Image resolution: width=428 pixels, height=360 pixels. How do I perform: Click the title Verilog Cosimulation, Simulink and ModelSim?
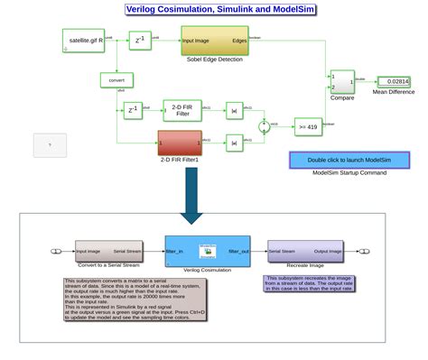click(x=214, y=9)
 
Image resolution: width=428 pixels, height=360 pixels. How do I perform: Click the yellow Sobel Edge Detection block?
click(x=215, y=41)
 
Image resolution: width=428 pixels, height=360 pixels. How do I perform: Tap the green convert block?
click(x=116, y=79)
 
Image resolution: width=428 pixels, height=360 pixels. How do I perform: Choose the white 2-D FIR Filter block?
click(x=181, y=109)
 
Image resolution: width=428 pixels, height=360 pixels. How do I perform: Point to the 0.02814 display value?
click(x=392, y=81)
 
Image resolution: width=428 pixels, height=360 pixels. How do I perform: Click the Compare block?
click(x=342, y=82)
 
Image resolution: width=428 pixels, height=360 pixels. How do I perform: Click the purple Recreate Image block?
click(x=304, y=251)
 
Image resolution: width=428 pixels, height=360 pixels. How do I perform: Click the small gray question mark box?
click(x=50, y=143)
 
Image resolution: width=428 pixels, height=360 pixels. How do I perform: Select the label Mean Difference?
click(x=391, y=92)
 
